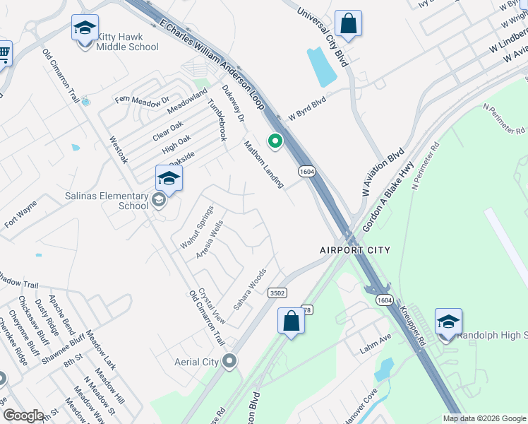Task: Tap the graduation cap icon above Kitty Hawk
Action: click(x=85, y=29)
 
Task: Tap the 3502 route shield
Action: click(x=277, y=293)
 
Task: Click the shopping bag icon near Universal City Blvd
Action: click(x=348, y=23)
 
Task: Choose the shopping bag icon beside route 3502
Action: click(x=291, y=322)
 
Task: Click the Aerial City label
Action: click(x=196, y=362)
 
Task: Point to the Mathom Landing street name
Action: click(x=263, y=164)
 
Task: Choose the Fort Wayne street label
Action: click(x=20, y=213)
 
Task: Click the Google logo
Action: click(x=23, y=416)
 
